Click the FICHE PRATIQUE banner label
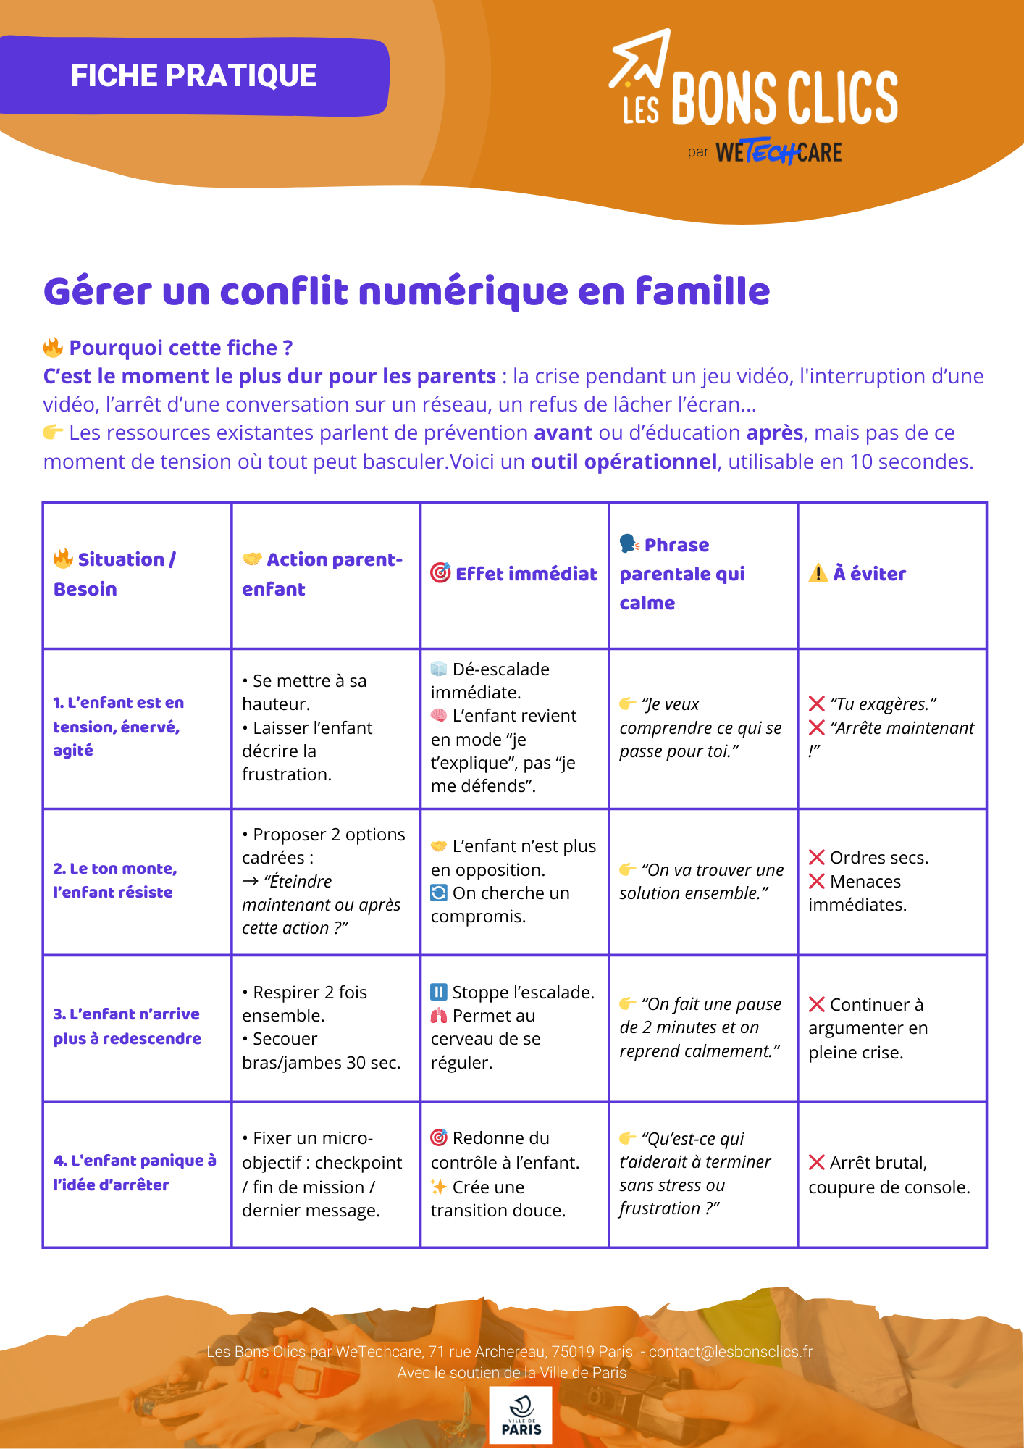[x=193, y=76]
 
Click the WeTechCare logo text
[x=778, y=153]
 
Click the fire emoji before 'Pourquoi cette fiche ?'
[x=53, y=348]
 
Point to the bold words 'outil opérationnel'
[x=624, y=462]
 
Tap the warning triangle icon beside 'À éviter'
[x=818, y=574]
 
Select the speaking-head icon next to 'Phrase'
[x=629, y=544]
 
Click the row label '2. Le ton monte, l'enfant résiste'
[x=114, y=880]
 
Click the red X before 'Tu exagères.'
[x=817, y=703]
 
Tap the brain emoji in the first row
[x=439, y=716]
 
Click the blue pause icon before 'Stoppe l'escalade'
[x=439, y=992]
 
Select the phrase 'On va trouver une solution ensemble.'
[x=701, y=882]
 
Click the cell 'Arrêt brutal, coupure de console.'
[x=889, y=1174]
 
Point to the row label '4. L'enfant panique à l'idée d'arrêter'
[x=135, y=1172]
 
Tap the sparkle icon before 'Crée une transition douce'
[x=439, y=1187]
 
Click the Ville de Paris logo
[x=521, y=1414]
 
